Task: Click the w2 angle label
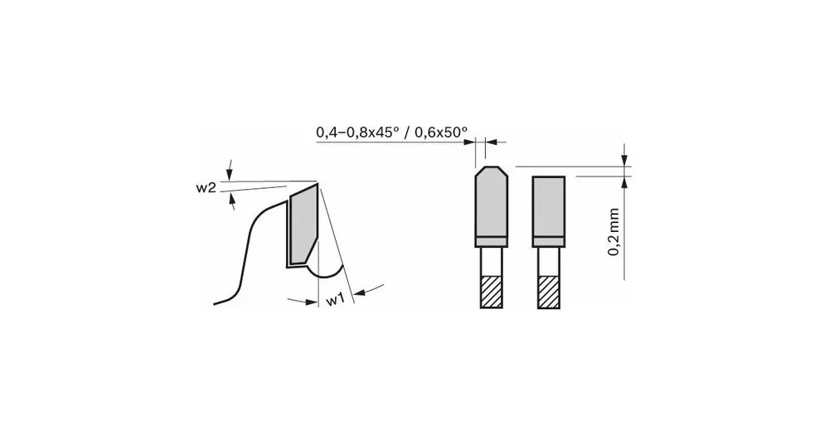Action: [206, 188]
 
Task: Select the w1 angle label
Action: [334, 299]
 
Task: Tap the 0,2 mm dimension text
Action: [615, 232]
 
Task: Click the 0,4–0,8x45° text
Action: [359, 132]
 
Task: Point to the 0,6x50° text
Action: [440, 132]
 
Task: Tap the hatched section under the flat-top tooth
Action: [548, 291]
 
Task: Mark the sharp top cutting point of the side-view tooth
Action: [319, 182]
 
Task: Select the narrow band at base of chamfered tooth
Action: [491, 242]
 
